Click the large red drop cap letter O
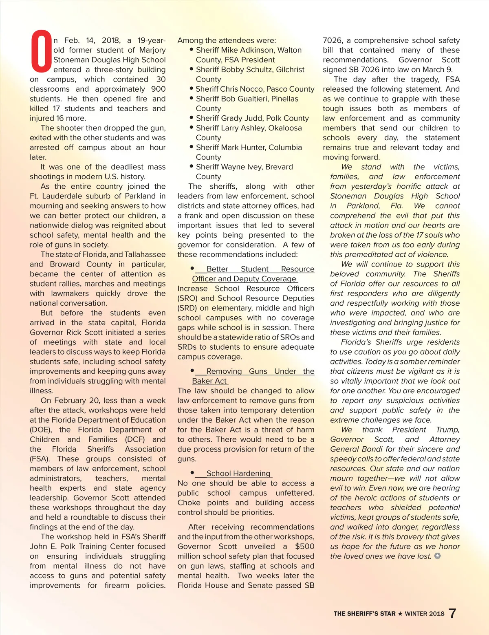tap(41, 51)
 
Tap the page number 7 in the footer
tap(452, 613)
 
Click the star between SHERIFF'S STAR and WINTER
tap(400, 614)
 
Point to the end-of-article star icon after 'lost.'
tap(438, 556)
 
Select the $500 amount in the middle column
tap(304, 546)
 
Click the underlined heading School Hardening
tap(238, 473)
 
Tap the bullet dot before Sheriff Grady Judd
tap(191, 118)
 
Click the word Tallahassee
tap(145, 254)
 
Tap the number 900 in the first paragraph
tap(158, 89)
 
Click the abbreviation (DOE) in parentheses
tap(41, 430)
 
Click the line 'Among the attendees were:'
tap(227, 40)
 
